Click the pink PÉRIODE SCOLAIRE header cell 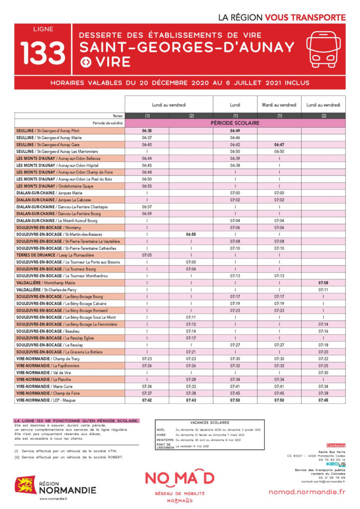coord(235,123)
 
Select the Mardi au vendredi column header coord(279,105)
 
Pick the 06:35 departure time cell coord(147,130)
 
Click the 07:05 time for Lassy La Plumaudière coord(147,255)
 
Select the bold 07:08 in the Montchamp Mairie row coord(324,282)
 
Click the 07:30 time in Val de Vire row coord(324,372)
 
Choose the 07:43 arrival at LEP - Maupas coord(191,400)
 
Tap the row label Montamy coord(45,227)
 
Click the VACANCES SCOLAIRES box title coord(209,422)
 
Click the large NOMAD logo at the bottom coord(180,478)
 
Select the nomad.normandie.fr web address coord(306,492)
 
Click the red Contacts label coord(336,445)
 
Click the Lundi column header coord(235,105)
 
